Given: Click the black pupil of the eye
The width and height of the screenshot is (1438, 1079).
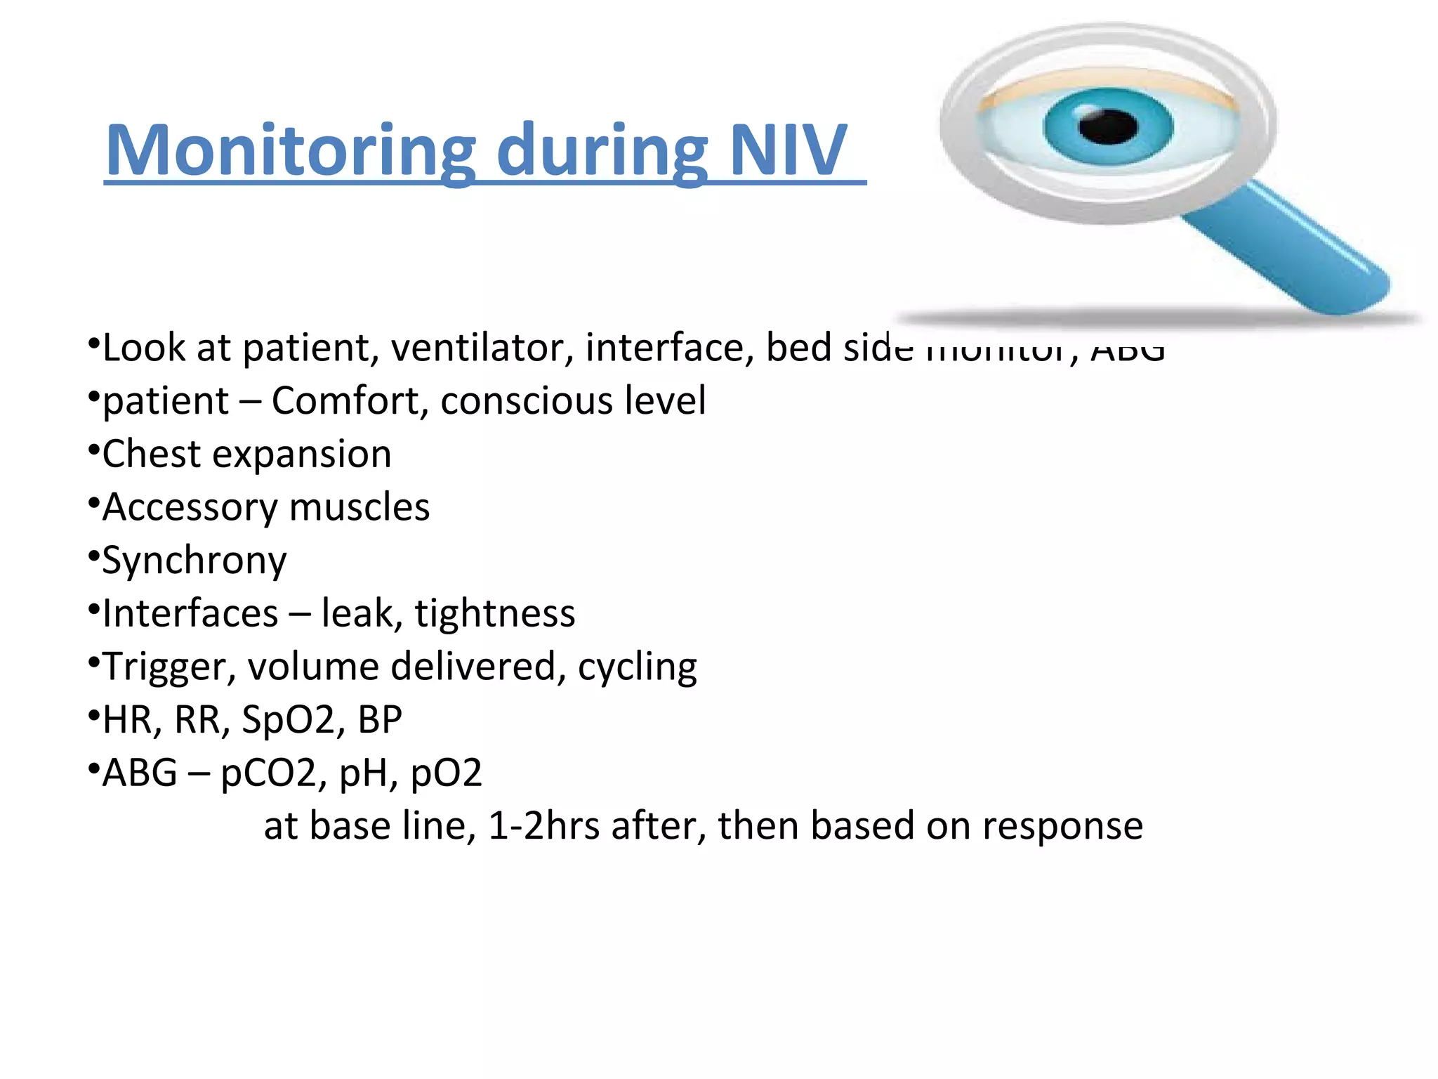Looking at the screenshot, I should pos(1107,127).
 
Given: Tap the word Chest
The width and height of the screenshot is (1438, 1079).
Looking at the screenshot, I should pos(152,454).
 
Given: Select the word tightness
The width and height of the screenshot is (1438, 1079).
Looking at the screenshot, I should pos(494,613).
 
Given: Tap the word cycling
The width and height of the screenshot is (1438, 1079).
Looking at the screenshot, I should pos(637,667).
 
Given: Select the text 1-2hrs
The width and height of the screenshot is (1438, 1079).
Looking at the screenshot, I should pos(543,826).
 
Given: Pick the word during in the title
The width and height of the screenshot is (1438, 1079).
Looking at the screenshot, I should pos(602,151).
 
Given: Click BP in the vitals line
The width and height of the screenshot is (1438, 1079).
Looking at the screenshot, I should pos(380,720).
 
